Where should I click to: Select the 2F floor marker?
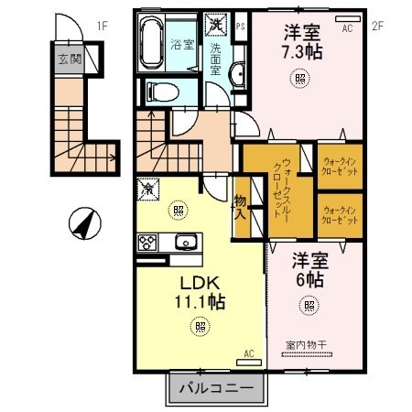coord(375,27)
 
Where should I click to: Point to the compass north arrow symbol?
coord(81,223)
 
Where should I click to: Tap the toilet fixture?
coord(156,91)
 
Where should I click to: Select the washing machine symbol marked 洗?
coord(216,22)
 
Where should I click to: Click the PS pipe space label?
coord(240,27)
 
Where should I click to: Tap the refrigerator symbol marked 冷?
coord(146,189)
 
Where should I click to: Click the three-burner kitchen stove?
coord(148,243)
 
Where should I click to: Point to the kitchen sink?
coord(186,243)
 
